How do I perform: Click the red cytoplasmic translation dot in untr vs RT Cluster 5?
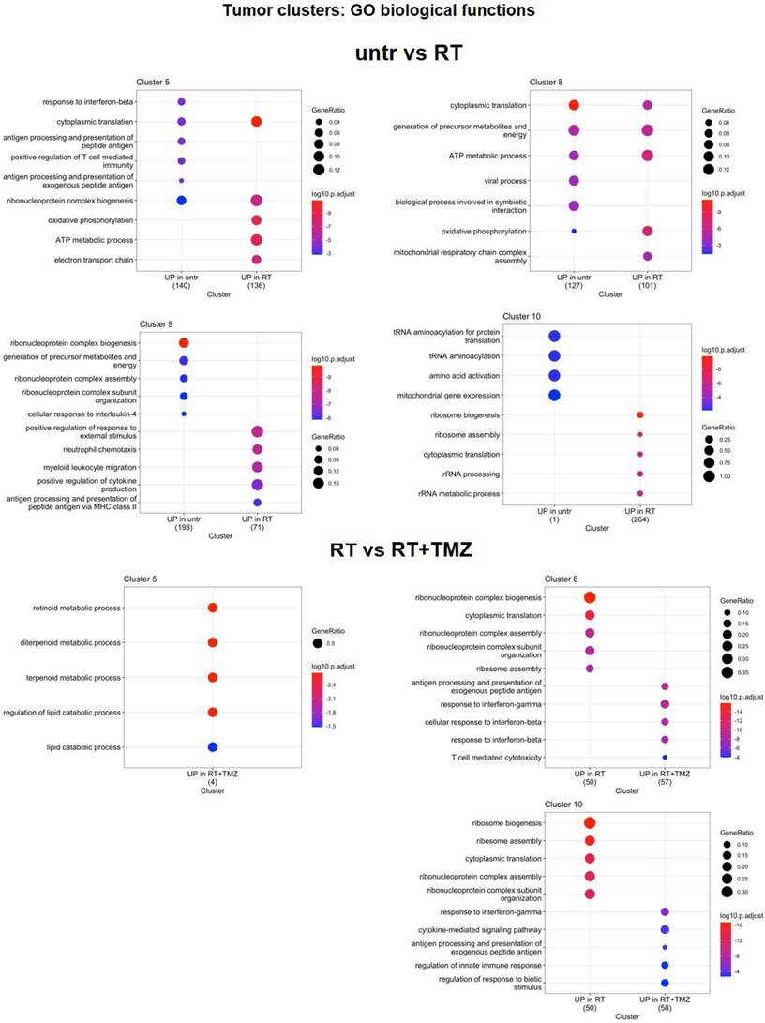point(256,122)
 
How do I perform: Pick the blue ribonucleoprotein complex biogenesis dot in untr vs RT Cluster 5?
point(182,201)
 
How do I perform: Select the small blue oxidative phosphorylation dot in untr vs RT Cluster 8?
point(573,231)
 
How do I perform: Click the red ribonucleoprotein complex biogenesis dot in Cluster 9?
point(184,343)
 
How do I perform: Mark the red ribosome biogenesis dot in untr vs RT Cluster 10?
point(640,414)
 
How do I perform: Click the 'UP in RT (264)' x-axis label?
point(639,519)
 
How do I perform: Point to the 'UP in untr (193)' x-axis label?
point(183,523)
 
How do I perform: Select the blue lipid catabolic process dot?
point(213,746)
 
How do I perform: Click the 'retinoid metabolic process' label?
point(82,608)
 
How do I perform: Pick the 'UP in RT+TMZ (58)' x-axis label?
point(664,1005)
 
